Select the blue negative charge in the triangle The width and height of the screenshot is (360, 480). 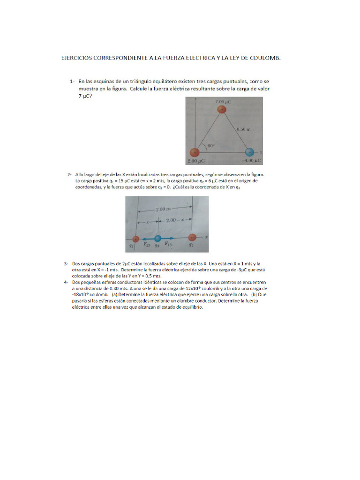(250, 152)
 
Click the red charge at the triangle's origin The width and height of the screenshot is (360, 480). (194, 152)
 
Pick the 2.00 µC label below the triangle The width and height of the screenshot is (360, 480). (197, 161)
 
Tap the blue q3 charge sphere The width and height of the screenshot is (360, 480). (157, 238)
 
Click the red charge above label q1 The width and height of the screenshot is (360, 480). (191, 238)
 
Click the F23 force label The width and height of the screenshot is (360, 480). (147, 244)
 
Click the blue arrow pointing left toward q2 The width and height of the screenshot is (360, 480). (147, 238)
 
